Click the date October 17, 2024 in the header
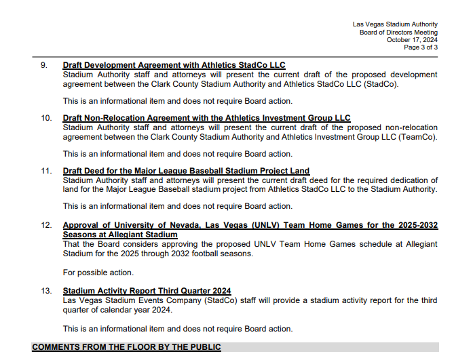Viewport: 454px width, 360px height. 412,40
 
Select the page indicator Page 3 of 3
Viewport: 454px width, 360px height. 421,48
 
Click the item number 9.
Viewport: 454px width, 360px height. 44,66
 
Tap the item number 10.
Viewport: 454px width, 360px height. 46,118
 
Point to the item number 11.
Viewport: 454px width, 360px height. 46,171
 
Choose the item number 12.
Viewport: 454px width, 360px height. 46,225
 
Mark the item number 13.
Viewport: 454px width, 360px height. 46,291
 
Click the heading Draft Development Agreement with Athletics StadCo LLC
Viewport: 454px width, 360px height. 174,66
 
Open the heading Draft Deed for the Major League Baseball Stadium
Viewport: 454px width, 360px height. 186,171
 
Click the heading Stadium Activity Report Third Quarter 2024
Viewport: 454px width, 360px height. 147,291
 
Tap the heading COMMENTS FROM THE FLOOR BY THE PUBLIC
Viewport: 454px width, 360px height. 126,347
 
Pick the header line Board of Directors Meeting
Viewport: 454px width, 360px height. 398,32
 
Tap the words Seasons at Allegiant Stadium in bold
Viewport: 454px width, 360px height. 120,235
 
